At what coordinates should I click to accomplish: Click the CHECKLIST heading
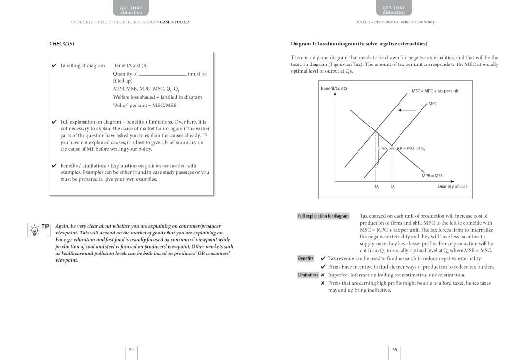pos(62,44)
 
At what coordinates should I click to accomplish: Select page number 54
pos(131,349)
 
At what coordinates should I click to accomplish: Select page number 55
pos(395,349)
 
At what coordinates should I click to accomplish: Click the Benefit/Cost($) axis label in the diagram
pos(335,88)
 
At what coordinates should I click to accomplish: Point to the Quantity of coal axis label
pos(452,186)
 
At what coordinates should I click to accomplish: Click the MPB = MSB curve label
pos(432,176)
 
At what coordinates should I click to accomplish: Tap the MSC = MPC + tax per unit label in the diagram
pos(435,91)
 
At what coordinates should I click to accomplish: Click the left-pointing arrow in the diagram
pos(406,110)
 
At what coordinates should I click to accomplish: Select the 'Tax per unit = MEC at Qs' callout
pos(402,148)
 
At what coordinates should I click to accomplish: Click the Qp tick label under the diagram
pos(393,187)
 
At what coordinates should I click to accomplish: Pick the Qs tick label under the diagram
pos(376,187)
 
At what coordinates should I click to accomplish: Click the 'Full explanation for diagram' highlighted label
pos(323,216)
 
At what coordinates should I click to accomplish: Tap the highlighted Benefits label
pos(306,258)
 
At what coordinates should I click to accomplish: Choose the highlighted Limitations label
pos(308,275)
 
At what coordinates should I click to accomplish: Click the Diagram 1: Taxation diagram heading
pos(358,44)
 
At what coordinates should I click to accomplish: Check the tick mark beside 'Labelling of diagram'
pos(54,65)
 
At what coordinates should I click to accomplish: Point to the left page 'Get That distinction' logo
pos(131,9)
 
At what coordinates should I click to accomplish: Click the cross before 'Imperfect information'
pos(323,275)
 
